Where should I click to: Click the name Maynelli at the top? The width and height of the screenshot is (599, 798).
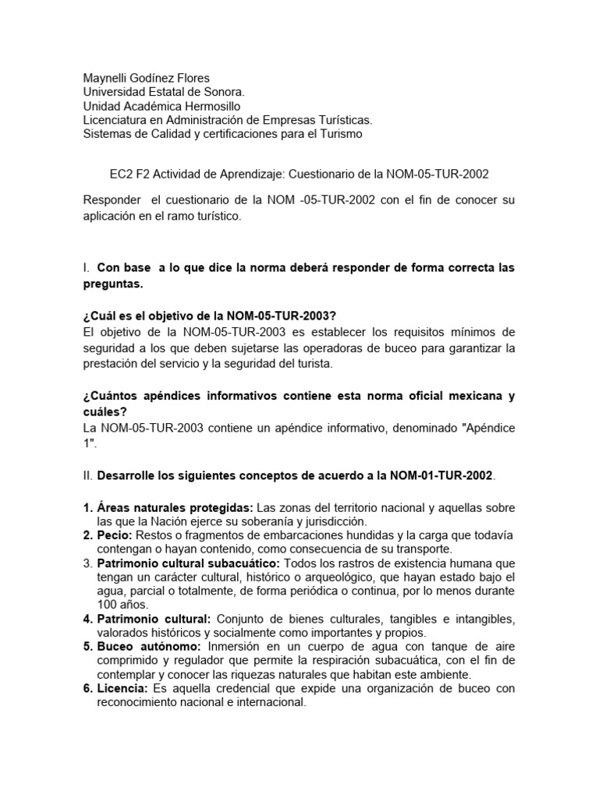coord(107,78)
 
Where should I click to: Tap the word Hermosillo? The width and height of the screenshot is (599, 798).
coord(212,106)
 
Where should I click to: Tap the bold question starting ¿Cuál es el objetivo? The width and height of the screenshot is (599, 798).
coord(209,315)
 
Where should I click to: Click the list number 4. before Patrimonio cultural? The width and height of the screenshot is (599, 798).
coord(87,619)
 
